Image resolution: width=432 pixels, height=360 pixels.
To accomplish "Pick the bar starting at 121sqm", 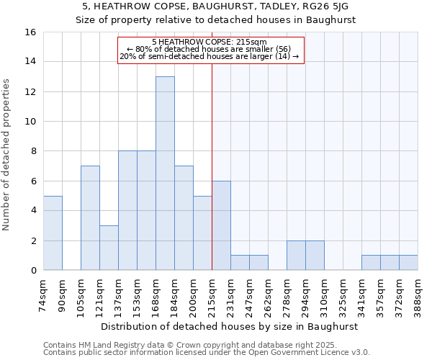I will [109, 248].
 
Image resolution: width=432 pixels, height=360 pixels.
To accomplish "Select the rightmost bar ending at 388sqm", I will [408, 263].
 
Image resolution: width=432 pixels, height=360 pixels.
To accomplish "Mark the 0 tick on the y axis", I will [33, 271].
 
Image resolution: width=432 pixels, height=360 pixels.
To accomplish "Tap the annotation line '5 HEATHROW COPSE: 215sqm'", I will [210, 42].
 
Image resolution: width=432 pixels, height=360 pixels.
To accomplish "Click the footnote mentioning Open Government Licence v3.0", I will [207, 353].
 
